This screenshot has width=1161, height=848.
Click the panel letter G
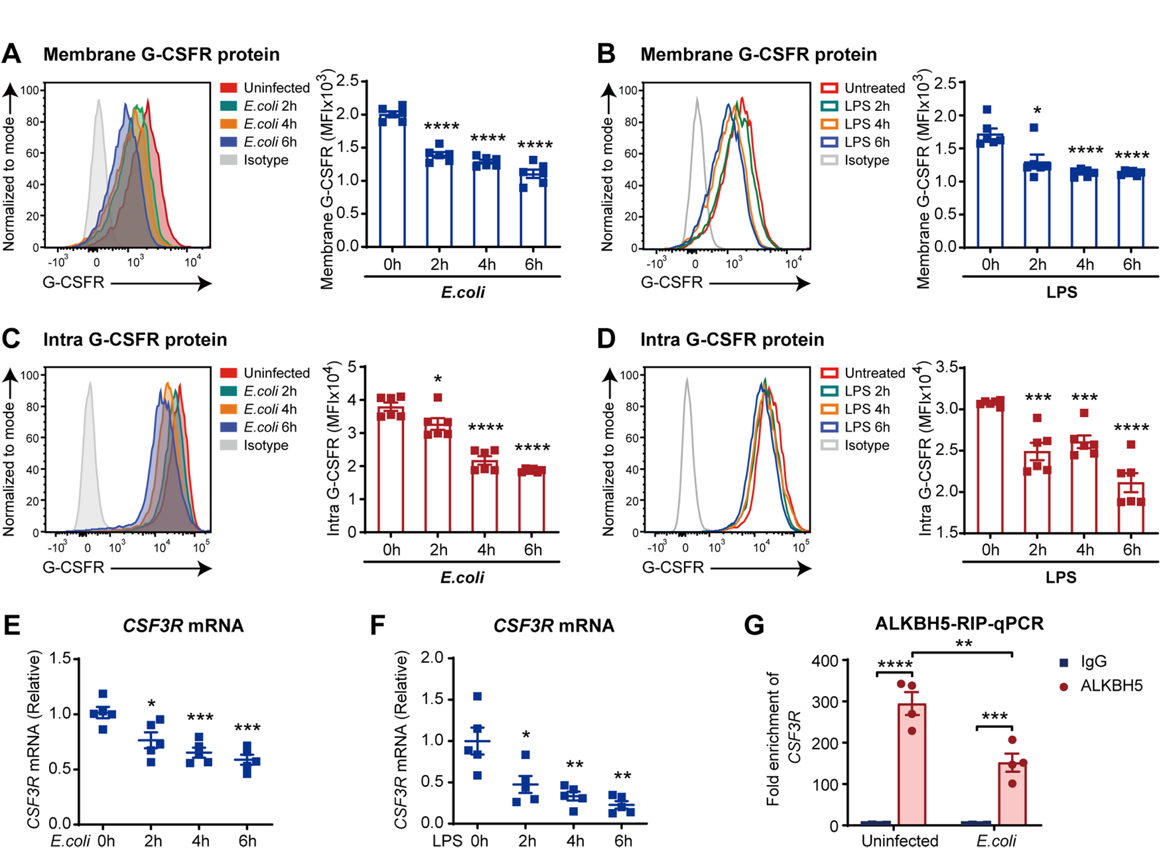(754, 625)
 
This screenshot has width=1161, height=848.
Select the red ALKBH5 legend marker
(1064, 687)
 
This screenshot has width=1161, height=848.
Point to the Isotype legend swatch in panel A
(229, 160)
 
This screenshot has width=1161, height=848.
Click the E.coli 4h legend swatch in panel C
(229, 409)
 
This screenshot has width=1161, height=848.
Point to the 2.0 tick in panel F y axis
(432, 658)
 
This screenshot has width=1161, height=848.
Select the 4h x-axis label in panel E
(200, 841)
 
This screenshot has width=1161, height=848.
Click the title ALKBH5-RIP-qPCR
(959, 624)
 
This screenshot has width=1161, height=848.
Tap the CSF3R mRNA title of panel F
(553, 626)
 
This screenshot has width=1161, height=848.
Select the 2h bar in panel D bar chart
(1037, 491)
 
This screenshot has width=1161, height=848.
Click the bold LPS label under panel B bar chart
(1061, 292)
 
